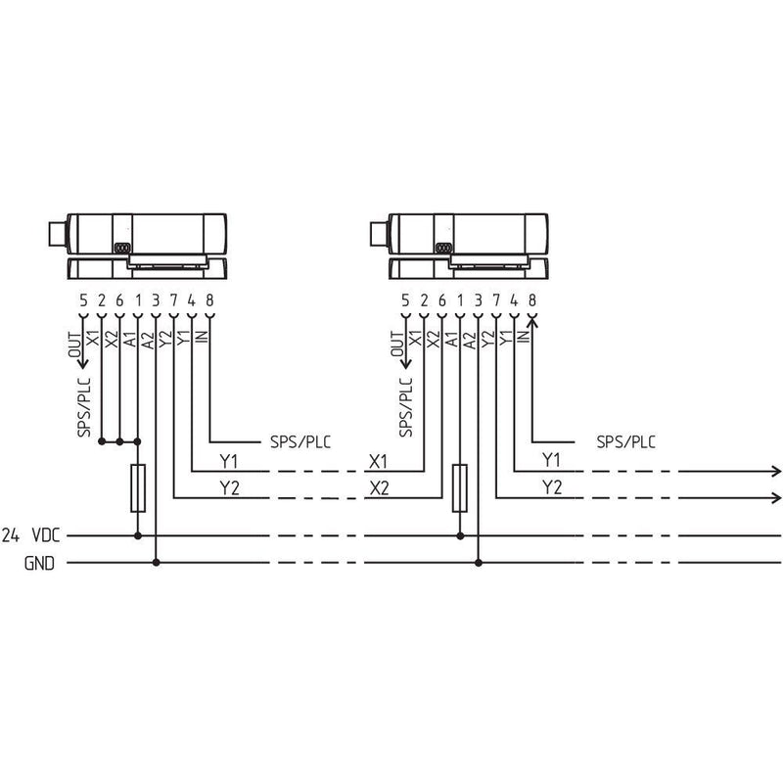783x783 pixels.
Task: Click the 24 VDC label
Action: click(31, 535)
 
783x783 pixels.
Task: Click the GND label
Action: click(39, 564)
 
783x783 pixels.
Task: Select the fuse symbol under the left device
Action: click(138, 487)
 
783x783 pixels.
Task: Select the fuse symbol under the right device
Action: click(460, 487)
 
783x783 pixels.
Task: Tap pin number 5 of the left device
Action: click(83, 300)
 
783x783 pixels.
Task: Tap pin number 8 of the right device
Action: click(532, 300)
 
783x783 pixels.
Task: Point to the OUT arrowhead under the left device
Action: click(83, 363)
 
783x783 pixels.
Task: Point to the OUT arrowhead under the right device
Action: click(405, 363)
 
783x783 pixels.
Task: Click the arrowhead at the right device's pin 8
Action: click(532, 323)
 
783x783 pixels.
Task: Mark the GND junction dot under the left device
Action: click(156, 563)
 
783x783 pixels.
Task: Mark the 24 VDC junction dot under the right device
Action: click(460, 535)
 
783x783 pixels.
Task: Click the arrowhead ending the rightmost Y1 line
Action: click(776, 471)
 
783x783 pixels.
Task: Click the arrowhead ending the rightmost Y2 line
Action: click(776, 498)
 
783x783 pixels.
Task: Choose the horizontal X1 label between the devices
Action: click(378, 461)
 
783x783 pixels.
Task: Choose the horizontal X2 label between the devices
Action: click(379, 487)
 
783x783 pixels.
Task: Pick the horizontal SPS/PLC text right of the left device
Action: click(300, 442)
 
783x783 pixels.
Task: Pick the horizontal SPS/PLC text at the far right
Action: click(626, 442)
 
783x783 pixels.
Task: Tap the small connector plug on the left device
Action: click(58, 234)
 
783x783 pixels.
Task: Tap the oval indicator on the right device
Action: click(443, 248)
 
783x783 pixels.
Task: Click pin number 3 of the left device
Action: click(156, 300)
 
